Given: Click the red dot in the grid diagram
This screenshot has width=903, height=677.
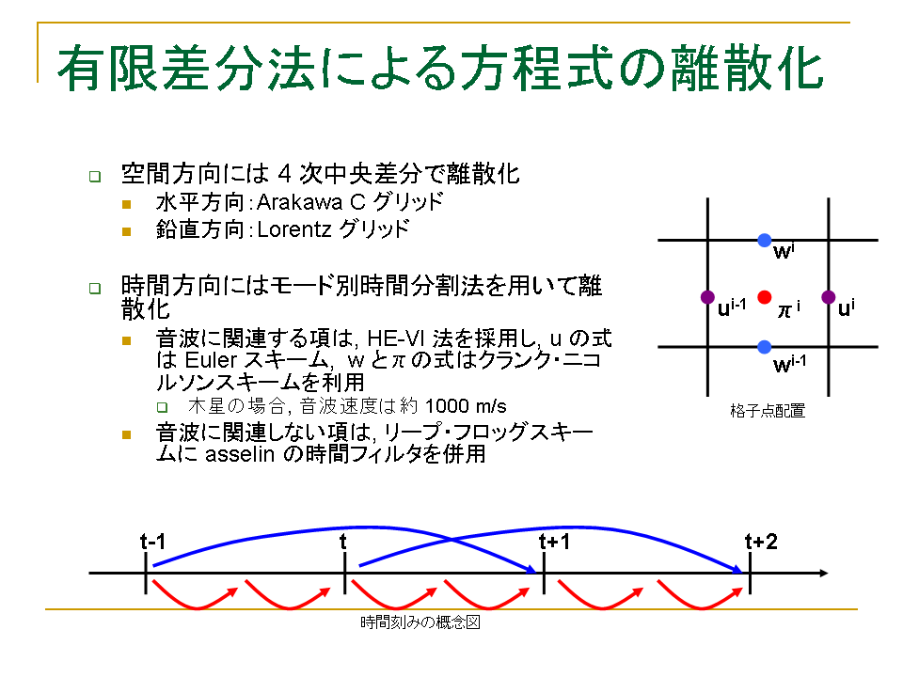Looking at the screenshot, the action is coord(764,297).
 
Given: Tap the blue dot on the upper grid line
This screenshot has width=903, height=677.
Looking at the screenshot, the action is coord(764,240).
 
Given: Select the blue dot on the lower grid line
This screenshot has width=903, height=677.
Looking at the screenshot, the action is coord(764,347).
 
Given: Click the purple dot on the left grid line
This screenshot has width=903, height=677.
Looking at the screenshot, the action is coord(707,297).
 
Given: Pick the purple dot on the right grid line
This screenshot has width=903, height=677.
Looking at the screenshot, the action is coord(828,297).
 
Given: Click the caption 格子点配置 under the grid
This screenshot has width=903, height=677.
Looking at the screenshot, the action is coord(768,411).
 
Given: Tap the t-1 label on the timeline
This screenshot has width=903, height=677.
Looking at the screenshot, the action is coord(152,542).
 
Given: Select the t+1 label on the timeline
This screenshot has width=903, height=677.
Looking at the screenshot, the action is coord(554,542).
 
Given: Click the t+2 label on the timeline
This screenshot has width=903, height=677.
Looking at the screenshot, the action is coord(761,542).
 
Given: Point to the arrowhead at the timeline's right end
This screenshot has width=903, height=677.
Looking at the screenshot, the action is coord(824,573).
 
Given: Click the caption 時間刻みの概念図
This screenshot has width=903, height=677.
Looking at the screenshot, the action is coord(420,622).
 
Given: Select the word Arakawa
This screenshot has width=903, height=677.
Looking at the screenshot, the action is coord(299,202).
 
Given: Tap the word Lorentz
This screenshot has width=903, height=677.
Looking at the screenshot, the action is coord(294,229).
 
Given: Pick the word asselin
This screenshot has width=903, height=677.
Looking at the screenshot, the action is coord(240,454).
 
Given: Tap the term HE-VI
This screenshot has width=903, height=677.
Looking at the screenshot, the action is coord(398,338).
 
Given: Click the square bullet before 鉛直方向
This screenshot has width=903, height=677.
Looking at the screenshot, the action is coord(127,231).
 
